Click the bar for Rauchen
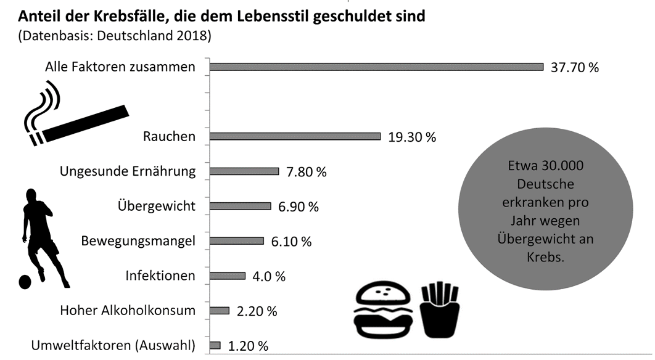[x=295, y=136]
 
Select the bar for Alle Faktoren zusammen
[x=377, y=67]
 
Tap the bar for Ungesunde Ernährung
[x=245, y=171]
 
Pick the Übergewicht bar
[x=241, y=206]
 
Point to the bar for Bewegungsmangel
[x=237, y=241]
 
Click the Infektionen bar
[x=228, y=276]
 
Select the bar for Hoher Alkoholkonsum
[x=220, y=311]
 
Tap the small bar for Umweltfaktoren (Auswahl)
[x=215, y=346]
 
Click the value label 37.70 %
[x=574, y=67]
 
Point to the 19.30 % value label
[x=412, y=137]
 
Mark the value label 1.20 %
[x=248, y=346]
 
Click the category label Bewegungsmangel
[x=138, y=240]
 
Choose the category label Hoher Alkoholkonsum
[x=128, y=311]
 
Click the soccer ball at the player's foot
[x=24, y=281]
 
